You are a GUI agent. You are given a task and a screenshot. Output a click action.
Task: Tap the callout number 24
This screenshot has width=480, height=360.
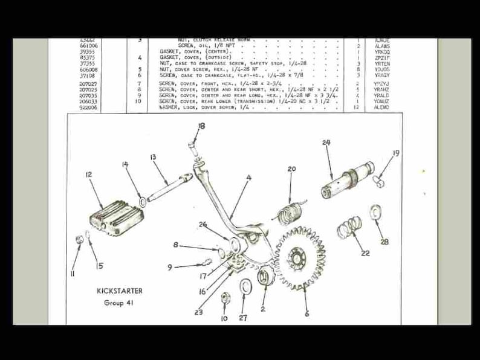[x=326, y=143]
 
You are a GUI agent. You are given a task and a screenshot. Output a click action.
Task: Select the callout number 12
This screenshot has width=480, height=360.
[x=88, y=175]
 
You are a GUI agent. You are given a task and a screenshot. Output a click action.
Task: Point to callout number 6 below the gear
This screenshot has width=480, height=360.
[x=306, y=313]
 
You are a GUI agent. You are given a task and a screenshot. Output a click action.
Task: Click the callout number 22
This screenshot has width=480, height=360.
[x=365, y=253]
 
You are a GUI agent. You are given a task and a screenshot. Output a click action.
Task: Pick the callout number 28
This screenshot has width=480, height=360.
[x=385, y=242]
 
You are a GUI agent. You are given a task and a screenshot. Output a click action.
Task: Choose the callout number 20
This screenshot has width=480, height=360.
[x=291, y=169]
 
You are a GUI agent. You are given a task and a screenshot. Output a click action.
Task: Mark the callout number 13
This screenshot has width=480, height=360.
[x=153, y=157]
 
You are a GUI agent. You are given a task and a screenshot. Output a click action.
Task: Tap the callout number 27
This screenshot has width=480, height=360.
[x=243, y=318]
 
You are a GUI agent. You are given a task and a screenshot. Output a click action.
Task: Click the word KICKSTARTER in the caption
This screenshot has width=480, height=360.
[x=120, y=291]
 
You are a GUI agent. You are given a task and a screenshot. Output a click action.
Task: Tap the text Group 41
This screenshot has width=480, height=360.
[x=120, y=303]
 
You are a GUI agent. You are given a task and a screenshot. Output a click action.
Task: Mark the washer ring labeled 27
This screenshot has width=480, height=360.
[x=246, y=286]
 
